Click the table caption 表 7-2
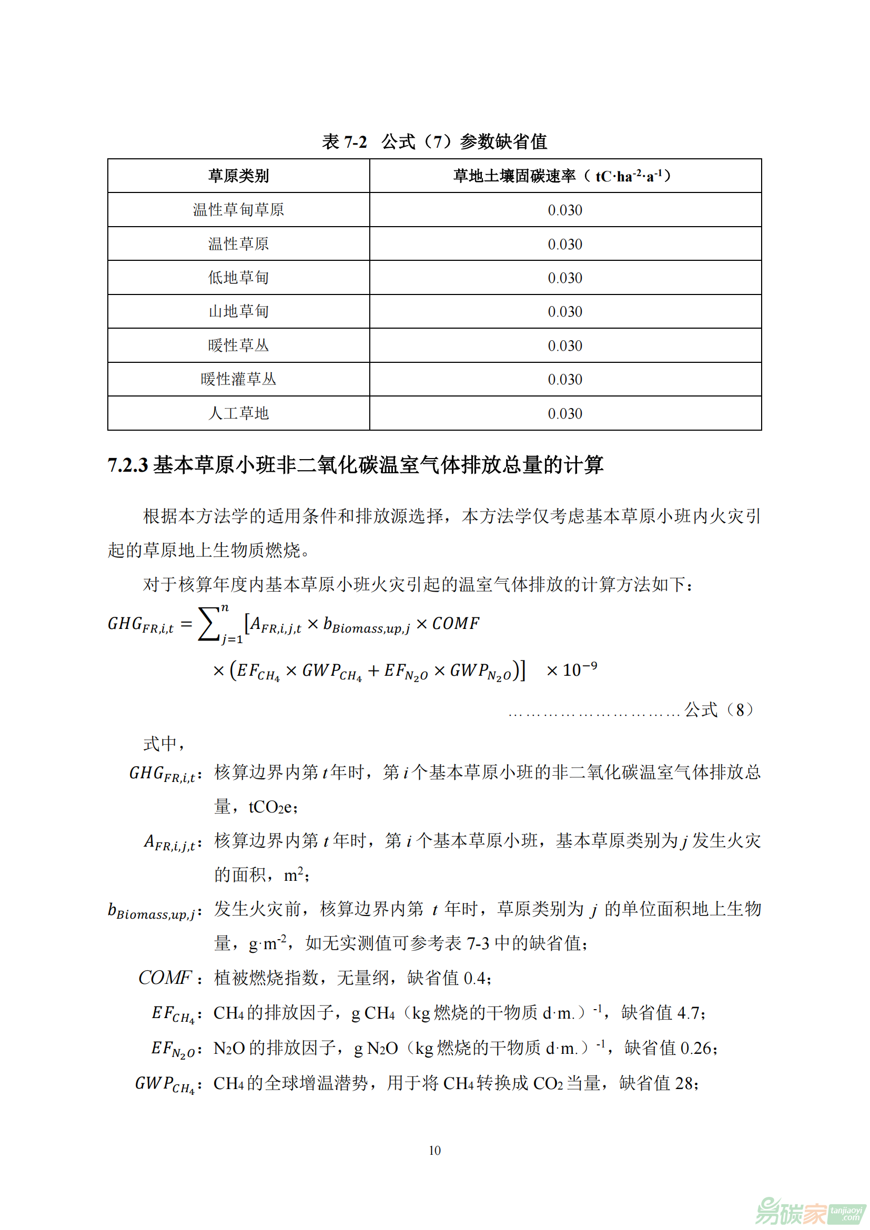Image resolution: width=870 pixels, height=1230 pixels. [344, 142]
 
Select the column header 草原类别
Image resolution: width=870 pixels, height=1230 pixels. [238, 176]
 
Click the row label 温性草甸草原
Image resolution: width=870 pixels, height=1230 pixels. [238, 209]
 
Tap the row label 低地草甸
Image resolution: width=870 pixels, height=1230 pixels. [238, 278]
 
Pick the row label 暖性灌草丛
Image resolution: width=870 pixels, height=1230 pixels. [238, 379]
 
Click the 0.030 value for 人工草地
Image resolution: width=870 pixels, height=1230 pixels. [564, 413]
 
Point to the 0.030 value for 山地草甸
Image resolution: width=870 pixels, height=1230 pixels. [564, 312]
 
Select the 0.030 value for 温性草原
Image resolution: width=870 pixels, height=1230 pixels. [564, 245]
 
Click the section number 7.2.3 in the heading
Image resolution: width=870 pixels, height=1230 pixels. [127, 465]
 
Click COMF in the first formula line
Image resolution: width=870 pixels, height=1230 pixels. [456, 624]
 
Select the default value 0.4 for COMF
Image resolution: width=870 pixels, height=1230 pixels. [474, 979]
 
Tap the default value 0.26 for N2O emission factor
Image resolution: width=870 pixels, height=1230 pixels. [696, 1048]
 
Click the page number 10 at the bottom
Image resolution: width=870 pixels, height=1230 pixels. [434, 1150]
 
